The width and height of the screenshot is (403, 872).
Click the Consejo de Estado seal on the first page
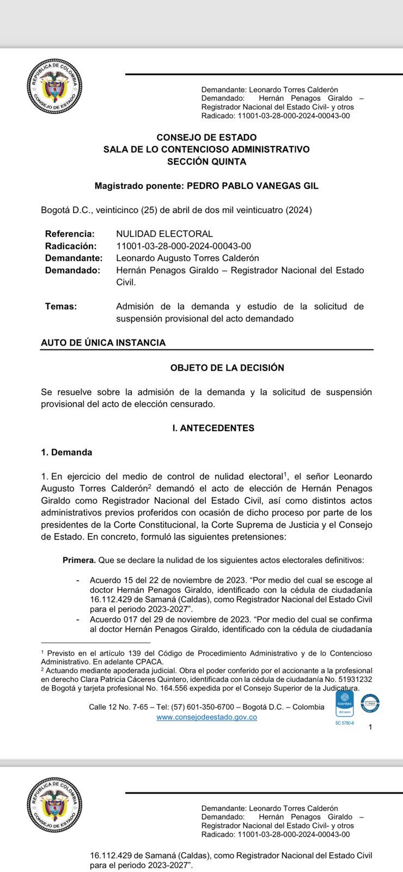[54, 87]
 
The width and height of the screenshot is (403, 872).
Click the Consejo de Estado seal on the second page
[54, 804]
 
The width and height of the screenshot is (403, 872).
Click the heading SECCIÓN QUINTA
[206, 162]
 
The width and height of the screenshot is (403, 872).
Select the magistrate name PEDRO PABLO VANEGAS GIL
[253, 186]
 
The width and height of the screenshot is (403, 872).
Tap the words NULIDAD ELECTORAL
[164, 234]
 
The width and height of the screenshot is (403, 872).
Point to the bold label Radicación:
[70, 246]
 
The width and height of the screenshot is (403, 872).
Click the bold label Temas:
[60, 306]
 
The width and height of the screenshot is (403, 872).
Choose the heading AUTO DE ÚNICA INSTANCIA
[103, 343]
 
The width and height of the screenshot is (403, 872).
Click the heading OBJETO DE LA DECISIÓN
[227, 368]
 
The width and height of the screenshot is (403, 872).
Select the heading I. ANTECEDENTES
[213, 428]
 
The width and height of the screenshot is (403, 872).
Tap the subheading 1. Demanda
[66, 452]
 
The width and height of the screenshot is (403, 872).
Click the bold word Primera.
[79, 560]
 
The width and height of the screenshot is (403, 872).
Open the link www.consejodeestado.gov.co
[206, 717]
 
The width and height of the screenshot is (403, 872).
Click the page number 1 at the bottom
[370, 727]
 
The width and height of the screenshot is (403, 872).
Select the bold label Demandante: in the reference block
[74, 258]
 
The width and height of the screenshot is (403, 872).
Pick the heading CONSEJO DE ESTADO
[206, 138]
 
